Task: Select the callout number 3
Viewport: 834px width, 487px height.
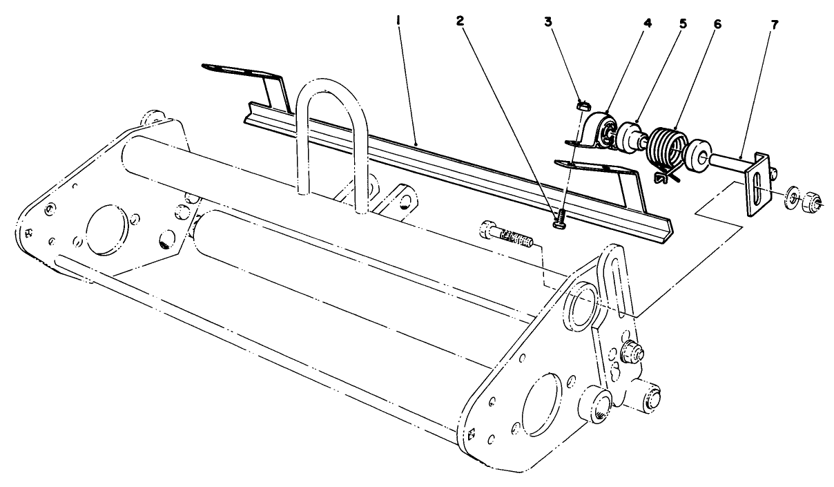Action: coord(547,21)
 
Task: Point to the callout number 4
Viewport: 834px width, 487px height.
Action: coord(647,22)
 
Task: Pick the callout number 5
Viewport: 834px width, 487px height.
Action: coord(683,22)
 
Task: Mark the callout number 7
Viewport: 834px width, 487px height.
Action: coord(775,24)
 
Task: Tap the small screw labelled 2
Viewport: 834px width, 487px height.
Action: coord(561,219)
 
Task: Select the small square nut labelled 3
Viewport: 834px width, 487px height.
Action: coord(582,106)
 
